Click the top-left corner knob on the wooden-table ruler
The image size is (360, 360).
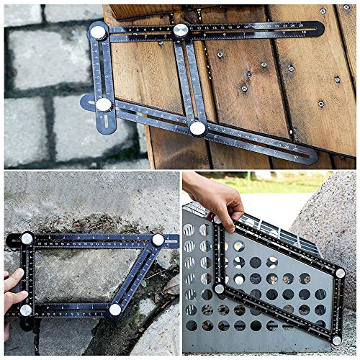tap(98, 32)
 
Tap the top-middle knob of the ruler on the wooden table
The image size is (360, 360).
tap(181, 30)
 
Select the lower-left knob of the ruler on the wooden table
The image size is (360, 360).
tap(104, 104)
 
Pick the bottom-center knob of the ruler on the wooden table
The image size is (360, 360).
tap(197, 128)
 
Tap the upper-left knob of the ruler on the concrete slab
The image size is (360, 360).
tap(27, 238)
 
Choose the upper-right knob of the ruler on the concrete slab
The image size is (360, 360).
tap(158, 240)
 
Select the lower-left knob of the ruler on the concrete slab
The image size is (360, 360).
tap(26, 310)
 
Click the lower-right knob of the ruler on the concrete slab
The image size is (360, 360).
tap(114, 310)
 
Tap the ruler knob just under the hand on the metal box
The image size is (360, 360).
tap(216, 220)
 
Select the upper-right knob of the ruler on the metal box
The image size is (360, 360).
tap(338, 261)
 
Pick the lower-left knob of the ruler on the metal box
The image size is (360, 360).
tap(219, 288)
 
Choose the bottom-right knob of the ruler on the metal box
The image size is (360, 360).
tap(336, 340)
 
